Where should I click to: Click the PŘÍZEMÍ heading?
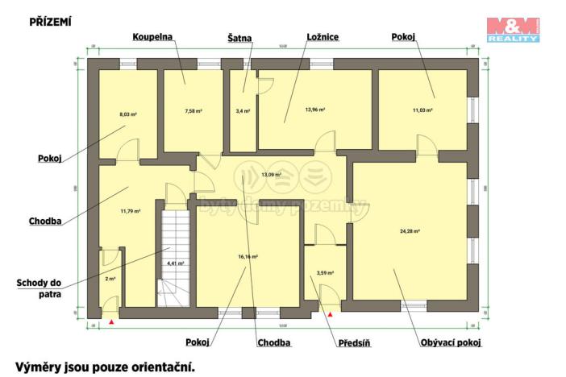click(50, 22)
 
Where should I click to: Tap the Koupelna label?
click(154, 37)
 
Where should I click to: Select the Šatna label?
click(239, 37)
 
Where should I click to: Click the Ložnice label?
click(323, 37)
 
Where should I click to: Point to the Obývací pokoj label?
click(451, 342)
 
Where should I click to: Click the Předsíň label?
click(353, 342)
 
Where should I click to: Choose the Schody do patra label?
click(40, 288)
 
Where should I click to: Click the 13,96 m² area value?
click(314, 110)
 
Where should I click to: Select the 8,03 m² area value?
click(127, 114)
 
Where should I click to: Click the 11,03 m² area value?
click(423, 110)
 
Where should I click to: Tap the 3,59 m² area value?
click(325, 273)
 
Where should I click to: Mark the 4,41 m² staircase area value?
click(175, 263)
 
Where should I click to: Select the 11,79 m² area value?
click(131, 211)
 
